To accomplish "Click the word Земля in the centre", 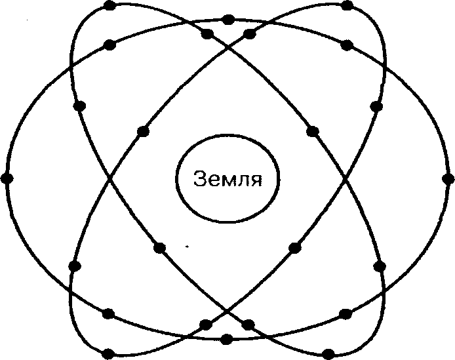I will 227,179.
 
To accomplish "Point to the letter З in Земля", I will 200,179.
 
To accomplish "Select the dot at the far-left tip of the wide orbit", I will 7,178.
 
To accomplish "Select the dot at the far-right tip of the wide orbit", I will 448,178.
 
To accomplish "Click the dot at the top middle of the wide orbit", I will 227,20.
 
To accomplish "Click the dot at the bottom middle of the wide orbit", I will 227,339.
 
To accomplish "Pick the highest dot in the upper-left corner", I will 109,6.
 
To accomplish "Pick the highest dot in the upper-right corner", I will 347,6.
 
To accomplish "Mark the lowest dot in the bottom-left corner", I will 109,353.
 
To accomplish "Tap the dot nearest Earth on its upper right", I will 313,130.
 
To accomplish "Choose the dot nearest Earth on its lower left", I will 159,247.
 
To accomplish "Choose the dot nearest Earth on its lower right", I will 294,247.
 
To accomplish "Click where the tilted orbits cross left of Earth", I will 109,178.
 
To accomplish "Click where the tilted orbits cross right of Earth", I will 346,178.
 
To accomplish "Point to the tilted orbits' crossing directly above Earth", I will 227,46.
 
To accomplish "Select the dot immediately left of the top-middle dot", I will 207,33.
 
